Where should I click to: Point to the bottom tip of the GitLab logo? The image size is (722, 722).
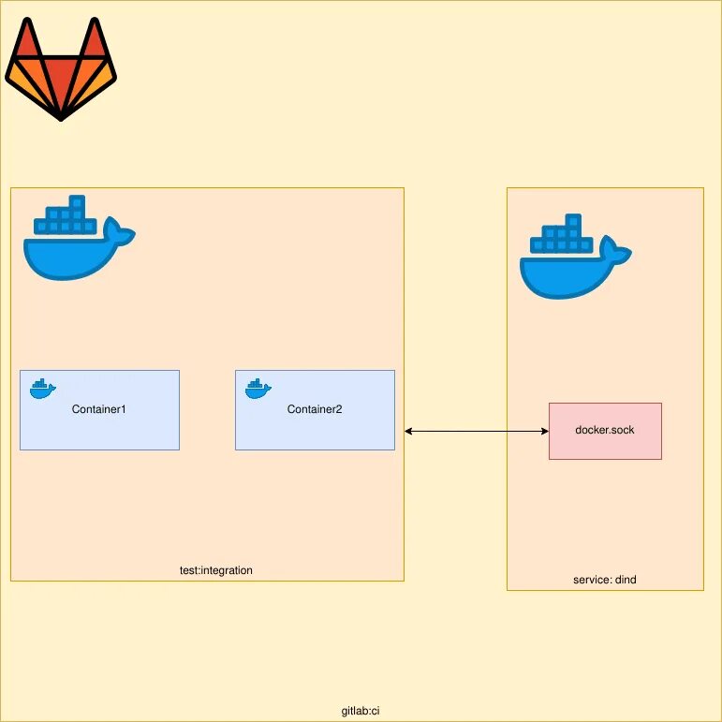tap(61, 118)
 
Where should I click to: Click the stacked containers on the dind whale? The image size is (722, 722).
tap(562, 236)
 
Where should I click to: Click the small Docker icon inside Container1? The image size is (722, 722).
tap(42, 389)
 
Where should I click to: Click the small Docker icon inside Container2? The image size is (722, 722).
tap(258, 389)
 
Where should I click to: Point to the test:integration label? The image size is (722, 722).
tap(216, 570)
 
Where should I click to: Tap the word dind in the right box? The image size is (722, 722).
tap(626, 580)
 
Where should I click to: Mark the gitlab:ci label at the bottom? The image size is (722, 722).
tap(361, 711)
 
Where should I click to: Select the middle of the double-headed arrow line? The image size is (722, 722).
tap(477, 431)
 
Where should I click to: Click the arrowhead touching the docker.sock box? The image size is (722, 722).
tap(543, 431)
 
